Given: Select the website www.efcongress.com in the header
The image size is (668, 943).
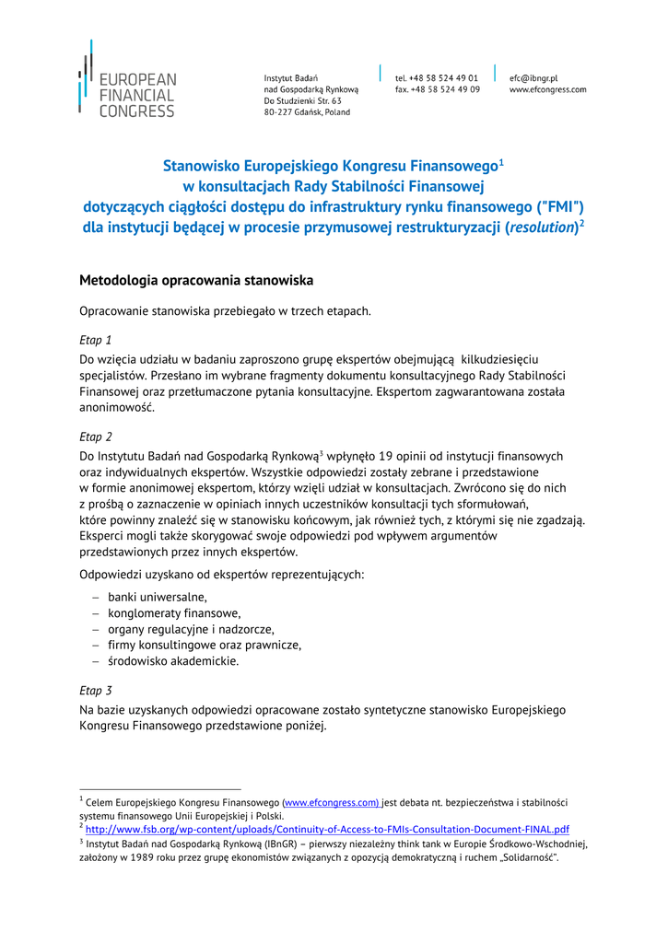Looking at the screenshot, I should pyautogui.click(x=547, y=89).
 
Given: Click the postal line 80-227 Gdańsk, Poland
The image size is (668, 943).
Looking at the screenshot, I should pyautogui.click(x=307, y=112).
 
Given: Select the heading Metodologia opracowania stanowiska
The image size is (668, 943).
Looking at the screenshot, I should pyautogui.click(x=196, y=280).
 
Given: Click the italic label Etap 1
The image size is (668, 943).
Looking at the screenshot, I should pyautogui.click(x=96, y=340).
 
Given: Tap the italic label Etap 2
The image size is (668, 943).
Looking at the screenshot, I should pyautogui.click(x=96, y=437).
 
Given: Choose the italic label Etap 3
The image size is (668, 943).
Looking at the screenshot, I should pyautogui.click(x=96, y=690).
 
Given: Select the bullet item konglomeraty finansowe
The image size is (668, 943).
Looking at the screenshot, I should pyautogui.click(x=174, y=613).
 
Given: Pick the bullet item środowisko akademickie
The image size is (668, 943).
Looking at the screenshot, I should pyautogui.click(x=173, y=661).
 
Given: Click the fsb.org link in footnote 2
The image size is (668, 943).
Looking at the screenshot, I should pyautogui.click(x=327, y=829).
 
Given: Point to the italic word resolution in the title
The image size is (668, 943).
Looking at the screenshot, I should pyautogui.click(x=542, y=227).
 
